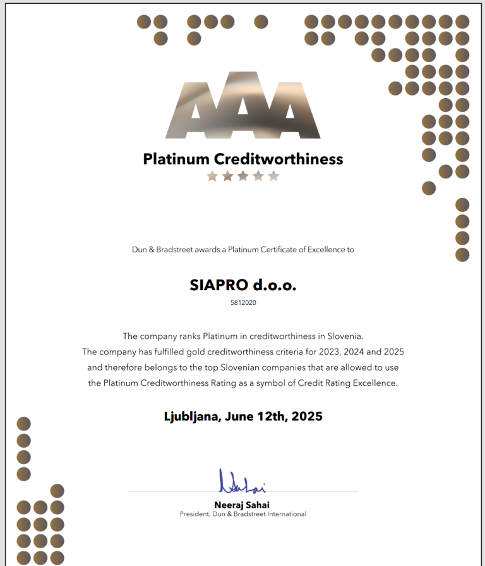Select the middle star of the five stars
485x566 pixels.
pyautogui.click(x=243, y=176)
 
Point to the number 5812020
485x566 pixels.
pyautogui.click(x=243, y=302)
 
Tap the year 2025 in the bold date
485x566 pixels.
pyautogui.click(x=307, y=416)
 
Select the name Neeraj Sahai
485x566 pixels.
pyautogui.click(x=242, y=505)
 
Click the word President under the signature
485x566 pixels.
pyautogui.click(x=197, y=514)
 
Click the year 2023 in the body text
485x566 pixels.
pyautogui.click(x=302, y=352)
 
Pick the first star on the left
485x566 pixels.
pyautogui.click(x=212, y=176)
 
